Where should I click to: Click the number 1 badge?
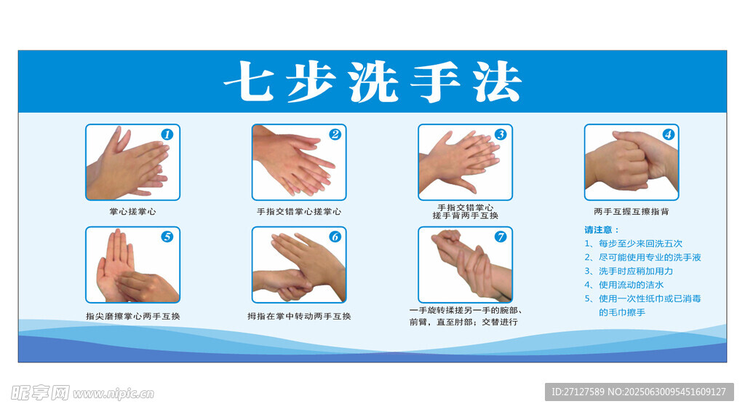pyautogui.click(x=167, y=135)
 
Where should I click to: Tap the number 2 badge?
pyautogui.click(x=335, y=135)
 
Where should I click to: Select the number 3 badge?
pyautogui.click(x=501, y=135)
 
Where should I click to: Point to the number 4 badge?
pyautogui.click(x=668, y=135)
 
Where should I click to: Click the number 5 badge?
pyautogui.click(x=167, y=237)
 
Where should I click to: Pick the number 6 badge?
pyautogui.click(x=335, y=237)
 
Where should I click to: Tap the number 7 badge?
pyautogui.click(x=501, y=237)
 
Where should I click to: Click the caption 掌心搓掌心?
pyautogui.click(x=132, y=212)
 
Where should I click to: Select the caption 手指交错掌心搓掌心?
pyautogui.click(x=299, y=212)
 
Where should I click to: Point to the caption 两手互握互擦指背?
pyautogui.click(x=631, y=212)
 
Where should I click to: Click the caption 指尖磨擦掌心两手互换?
pyautogui.click(x=132, y=316)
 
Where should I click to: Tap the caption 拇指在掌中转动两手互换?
pyautogui.click(x=299, y=316)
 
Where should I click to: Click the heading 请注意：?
pyautogui.click(x=602, y=230)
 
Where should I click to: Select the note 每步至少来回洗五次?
pyautogui.click(x=640, y=244)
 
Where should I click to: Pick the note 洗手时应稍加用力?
pyautogui.click(x=636, y=272)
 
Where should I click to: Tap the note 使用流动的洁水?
pyautogui.click(x=631, y=285)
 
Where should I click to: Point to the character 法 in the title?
pyautogui.click(x=497, y=82)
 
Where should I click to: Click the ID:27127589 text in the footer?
pyautogui.click(x=578, y=392)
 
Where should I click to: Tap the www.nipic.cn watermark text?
pyautogui.click(x=113, y=394)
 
